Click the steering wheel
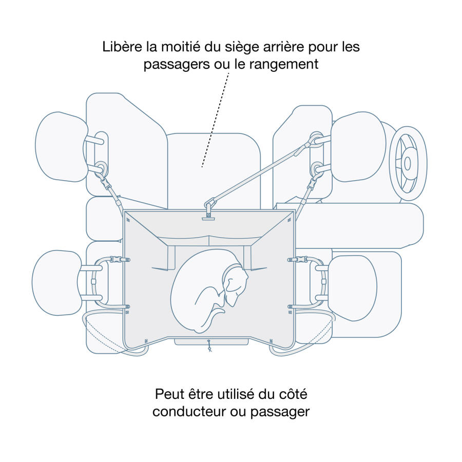click(408, 163)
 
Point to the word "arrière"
click(274, 47)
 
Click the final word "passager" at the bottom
click(280, 412)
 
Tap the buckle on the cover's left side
click(117, 260)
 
